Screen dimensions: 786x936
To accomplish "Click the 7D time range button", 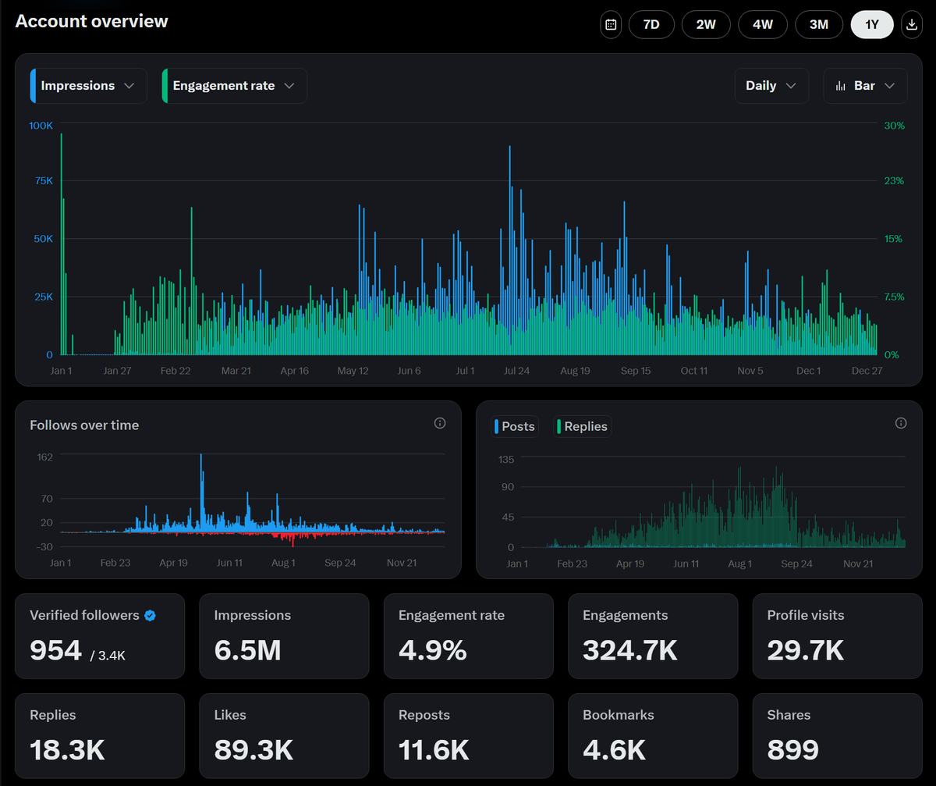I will [x=651, y=25].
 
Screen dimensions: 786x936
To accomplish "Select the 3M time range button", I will [x=818, y=25].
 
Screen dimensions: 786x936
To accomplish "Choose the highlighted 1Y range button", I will [x=872, y=25].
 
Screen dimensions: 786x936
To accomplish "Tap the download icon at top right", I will [x=911, y=25].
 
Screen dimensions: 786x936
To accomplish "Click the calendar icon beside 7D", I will [x=612, y=25].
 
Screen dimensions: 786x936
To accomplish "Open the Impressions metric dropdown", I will [x=88, y=86].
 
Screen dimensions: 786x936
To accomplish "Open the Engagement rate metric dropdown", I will [x=234, y=86].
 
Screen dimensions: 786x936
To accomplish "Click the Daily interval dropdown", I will [x=771, y=86].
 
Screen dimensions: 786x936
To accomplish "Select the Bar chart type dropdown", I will [x=865, y=86].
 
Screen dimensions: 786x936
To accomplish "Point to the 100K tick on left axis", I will [x=41, y=126].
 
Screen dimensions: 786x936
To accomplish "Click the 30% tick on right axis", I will [x=894, y=126].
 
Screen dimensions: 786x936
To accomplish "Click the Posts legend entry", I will [x=515, y=426].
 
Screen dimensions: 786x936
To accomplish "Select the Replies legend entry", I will [x=583, y=426].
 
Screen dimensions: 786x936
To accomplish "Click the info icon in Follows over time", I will [x=440, y=423].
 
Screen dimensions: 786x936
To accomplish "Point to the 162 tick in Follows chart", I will [x=45, y=457].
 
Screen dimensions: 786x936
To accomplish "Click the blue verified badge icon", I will [x=151, y=615].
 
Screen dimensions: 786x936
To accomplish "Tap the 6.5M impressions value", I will [x=247, y=649].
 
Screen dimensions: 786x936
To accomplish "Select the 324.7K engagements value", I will [x=630, y=649].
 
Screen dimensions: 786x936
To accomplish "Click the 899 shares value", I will [x=793, y=749].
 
